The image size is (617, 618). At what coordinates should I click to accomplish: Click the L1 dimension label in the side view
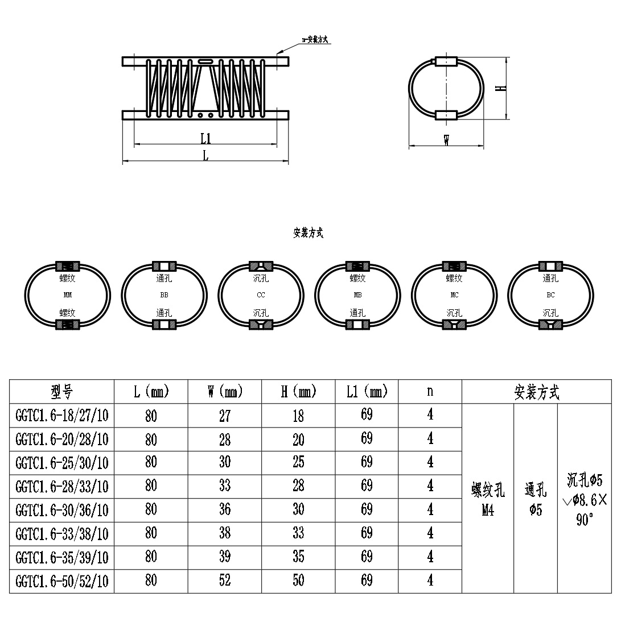[x=205, y=138]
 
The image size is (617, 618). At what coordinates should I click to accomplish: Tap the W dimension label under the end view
[x=447, y=140]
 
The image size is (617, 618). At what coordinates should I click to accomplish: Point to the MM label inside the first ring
[x=68, y=296]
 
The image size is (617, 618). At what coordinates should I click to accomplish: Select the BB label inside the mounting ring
[x=164, y=296]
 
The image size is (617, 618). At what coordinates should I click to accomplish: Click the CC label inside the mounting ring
[x=261, y=296]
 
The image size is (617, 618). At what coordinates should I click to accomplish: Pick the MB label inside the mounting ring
[x=357, y=296]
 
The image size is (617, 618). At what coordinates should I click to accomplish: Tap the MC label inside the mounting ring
[x=454, y=296]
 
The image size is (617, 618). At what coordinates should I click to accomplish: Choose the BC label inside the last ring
[x=550, y=296]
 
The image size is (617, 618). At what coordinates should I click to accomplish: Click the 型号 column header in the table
[x=62, y=392]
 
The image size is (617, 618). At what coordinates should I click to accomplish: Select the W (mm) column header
[x=225, y=392]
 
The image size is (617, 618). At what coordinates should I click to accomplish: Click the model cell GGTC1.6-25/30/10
[x=62, y=463]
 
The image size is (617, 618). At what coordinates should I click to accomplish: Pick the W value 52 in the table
[x=225, y=580]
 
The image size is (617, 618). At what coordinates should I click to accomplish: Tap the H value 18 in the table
[x=298, y=416]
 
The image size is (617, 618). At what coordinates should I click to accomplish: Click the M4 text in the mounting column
[x=488, y=511]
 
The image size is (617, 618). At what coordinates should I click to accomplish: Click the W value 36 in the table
[x=225, y=509]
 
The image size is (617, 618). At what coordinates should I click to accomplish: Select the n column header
[x=430, y=391]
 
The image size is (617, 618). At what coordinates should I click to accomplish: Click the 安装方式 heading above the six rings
[x=308, y=233]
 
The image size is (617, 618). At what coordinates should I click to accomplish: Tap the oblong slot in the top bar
[x=205, y=60]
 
